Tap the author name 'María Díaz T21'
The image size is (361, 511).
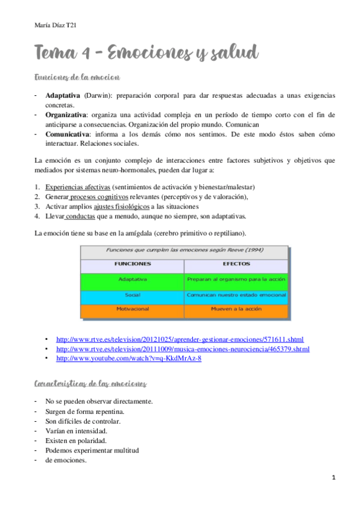pyautogui.click(x=55, y=25)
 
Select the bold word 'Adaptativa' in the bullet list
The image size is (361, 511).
pyautogui.click(x=63, y=96)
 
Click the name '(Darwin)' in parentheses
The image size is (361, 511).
pyautogui.click(x=97, y=96)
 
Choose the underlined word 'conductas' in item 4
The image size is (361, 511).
pyautogui.click(x=80, y=216)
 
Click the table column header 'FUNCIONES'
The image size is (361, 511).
pyautogui.click(x=133, y=264)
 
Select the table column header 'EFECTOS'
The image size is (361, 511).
pyautogui.click(x=236, y=264)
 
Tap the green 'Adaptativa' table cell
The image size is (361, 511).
pyautogui.click(x=133, y=279)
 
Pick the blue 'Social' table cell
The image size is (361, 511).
pyautogui.click(x=133, y=295)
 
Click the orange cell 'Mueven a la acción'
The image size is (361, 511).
pyautogui.click(x=236, y=309)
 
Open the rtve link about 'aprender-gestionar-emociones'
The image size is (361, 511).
pyautogui.click(x=180, y=339)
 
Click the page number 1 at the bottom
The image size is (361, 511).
pyautogui.click(x=333, y=477)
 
